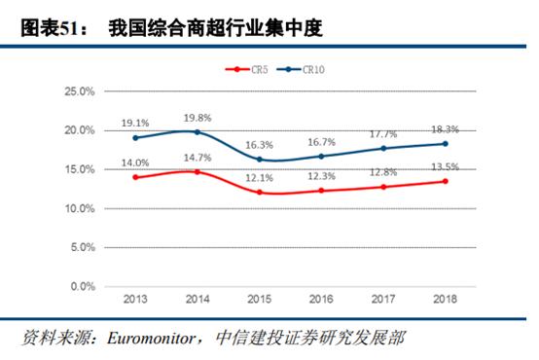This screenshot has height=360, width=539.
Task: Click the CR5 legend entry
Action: coord(249,69)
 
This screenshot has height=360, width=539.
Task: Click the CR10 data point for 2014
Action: coord(198,131)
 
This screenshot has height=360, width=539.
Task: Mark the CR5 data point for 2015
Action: coord(260,192)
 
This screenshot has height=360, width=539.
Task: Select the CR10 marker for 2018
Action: coord(446,143)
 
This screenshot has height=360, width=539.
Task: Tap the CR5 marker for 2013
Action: coord(135,177)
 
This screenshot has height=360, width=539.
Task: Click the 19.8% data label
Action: coord(198,118)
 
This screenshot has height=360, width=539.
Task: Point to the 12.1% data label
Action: coord(260,178)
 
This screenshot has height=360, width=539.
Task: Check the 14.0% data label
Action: coord(135,162)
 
